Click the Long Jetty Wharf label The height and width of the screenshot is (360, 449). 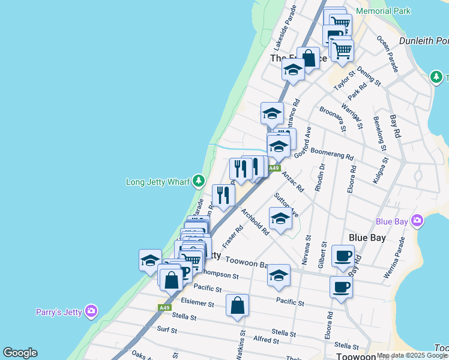158,182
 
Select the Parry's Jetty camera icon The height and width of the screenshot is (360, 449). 91,310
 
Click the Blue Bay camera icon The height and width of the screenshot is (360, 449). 418,221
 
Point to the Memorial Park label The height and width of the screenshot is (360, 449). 383,11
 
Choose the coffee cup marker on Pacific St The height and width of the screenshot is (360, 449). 341,287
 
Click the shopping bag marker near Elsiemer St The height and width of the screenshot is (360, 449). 238,305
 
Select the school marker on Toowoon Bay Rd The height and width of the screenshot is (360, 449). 279,275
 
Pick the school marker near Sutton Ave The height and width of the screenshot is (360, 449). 280,219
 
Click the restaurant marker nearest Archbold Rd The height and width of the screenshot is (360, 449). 223,195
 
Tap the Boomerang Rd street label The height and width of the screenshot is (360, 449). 332,152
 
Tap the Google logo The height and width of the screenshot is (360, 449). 20,353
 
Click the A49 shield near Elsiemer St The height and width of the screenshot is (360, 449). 165,308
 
